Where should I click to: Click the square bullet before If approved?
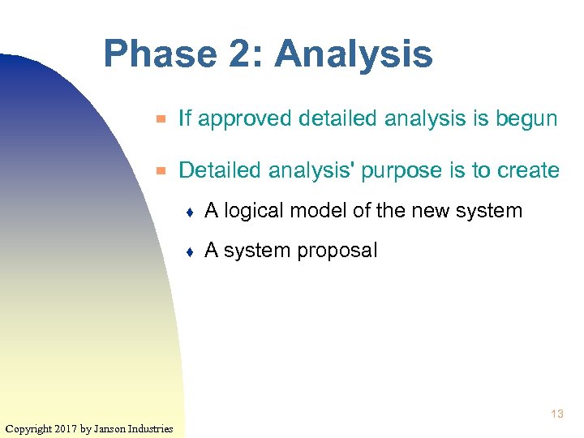tap(161, 119)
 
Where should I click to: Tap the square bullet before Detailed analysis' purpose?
tap(161, 171)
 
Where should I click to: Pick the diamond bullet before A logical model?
tap(189, 212)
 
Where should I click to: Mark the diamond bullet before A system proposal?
tap(189, 251)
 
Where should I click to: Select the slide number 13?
tap(556, 414)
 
